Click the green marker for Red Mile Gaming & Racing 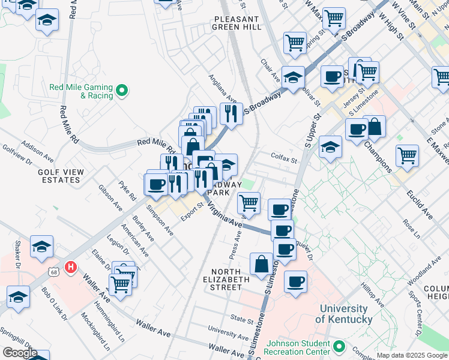tap(122, 91)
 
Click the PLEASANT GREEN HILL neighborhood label tap(237, 23)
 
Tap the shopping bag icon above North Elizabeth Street tap(262, 263)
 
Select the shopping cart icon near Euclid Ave tap(407, 155)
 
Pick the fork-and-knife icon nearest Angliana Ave tap(231, 112)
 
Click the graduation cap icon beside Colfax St tap(330, 147)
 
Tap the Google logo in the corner tap(19, 353)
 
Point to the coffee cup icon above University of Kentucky tap(295, 281)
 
